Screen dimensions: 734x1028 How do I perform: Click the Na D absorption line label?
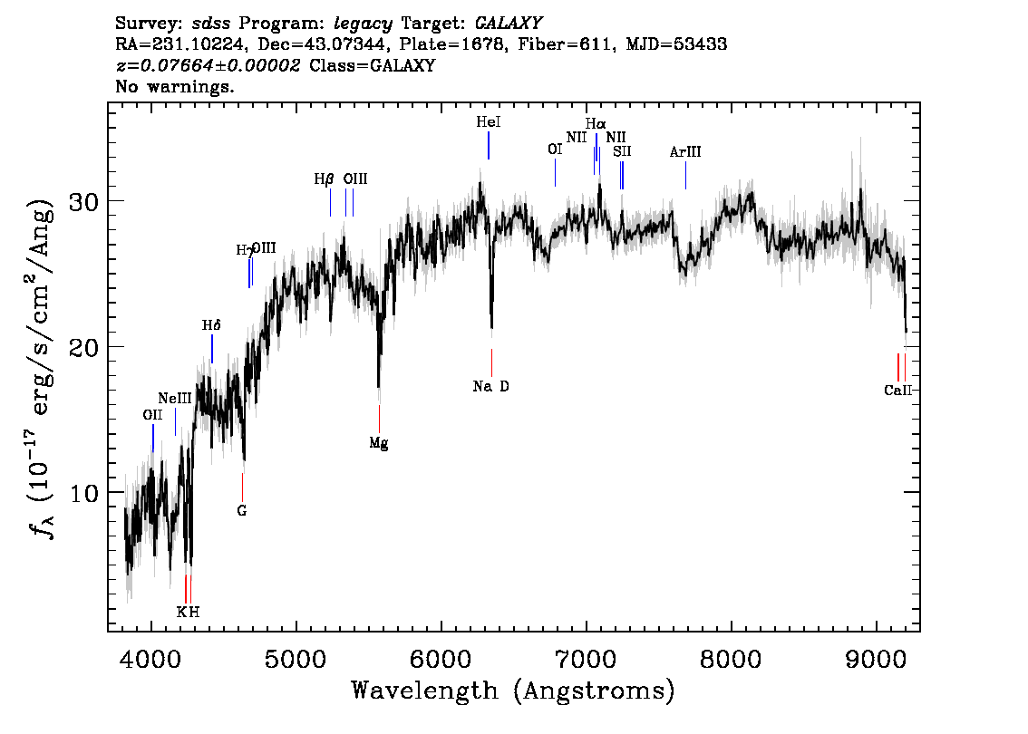[x=491, y=387]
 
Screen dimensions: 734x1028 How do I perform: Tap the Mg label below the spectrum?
[x=379, y=443]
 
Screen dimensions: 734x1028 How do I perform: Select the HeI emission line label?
[x=488, y=121]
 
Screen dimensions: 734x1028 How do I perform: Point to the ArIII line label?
[x=685, y=152]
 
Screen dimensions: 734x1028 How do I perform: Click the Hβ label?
[x=325, y=179]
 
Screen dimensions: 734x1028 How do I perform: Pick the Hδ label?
[x=211, y=324]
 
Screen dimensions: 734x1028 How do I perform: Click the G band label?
[x=242, y=510]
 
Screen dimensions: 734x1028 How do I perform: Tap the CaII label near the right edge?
[x=897, y=391]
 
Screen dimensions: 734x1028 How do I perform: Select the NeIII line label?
[x=175, y=398]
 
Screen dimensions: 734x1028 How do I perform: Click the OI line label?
[x=555, y=150]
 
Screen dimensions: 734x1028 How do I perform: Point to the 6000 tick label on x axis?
[x=441, y=657]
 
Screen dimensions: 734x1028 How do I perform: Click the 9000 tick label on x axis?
[x=877, y=657]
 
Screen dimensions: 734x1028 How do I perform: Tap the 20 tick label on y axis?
[x=83, y=347]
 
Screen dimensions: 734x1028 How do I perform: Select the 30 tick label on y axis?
[x=83, y=201]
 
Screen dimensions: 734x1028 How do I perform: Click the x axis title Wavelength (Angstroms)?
[x=513, y=691]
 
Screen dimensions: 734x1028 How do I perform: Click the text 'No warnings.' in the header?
[x=175, y=87]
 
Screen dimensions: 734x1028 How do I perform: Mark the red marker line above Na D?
[x=491, y=362]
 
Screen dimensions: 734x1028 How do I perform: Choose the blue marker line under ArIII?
[x=686, y=175]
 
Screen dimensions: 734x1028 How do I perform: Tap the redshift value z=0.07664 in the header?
[x=208, y=65]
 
